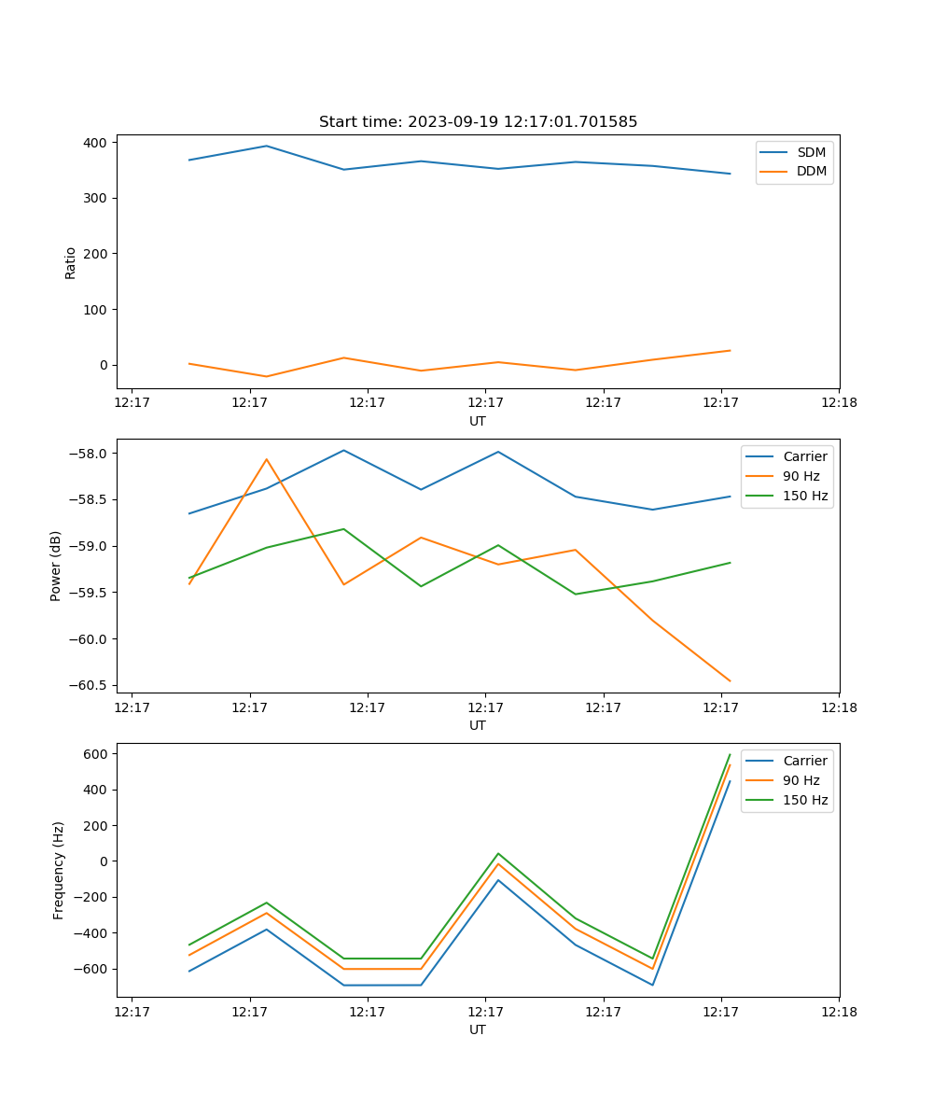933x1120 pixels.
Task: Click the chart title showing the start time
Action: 478,122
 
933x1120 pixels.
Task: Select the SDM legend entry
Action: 811,152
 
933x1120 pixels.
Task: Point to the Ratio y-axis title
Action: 71,262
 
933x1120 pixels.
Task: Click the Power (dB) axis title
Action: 56,566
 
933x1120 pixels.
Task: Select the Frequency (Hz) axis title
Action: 59,870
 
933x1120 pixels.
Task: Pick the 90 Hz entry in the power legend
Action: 801,476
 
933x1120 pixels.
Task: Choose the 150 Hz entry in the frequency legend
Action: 805,800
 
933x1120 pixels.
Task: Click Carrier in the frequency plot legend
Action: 804,761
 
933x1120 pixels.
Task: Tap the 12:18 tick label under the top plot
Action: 838,403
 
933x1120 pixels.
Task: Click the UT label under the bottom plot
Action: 478,1029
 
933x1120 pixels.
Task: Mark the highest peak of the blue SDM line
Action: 267,146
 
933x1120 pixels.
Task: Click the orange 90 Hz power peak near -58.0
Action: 267,459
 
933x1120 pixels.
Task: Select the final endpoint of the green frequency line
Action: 730,754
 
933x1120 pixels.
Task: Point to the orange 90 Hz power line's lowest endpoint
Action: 730,681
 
